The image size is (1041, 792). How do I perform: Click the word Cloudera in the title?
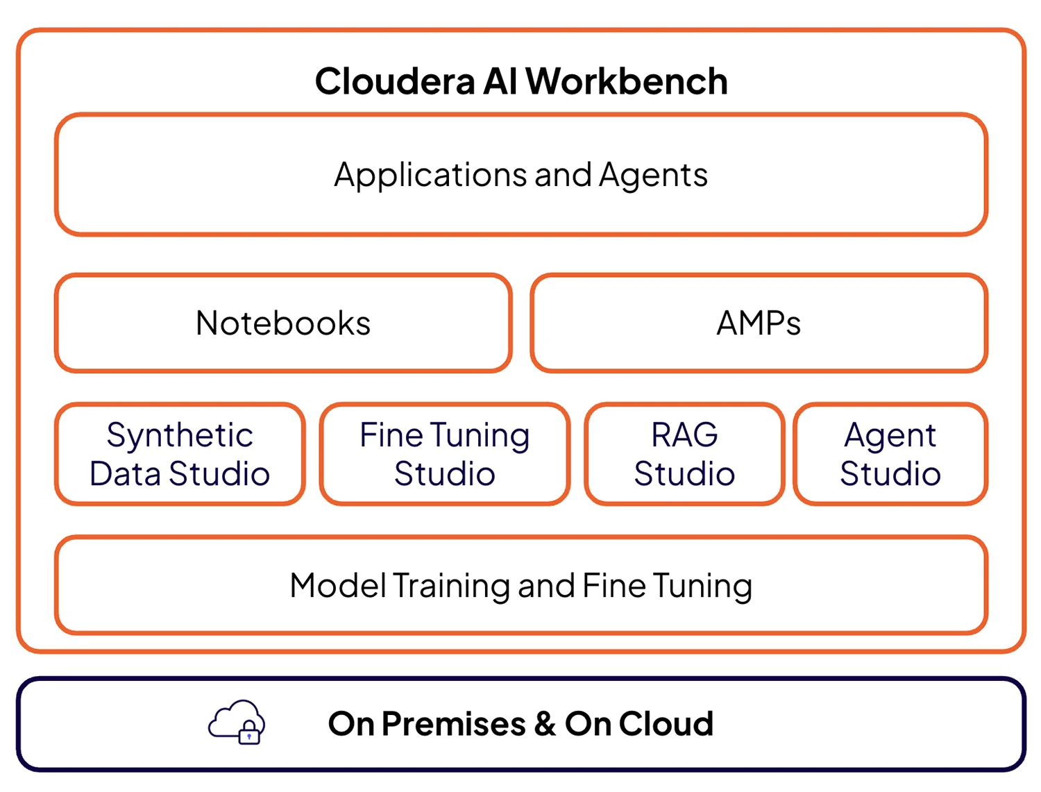pos(395,81)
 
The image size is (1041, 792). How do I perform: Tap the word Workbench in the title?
pos(627,81)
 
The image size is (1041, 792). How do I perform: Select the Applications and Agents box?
pos(520,174)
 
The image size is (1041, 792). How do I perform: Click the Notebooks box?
pos(283,323)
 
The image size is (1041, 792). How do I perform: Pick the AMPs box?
pos(759,323)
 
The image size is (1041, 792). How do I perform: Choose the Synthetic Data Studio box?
pos(180,454)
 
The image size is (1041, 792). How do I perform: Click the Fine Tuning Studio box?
pos(445,454)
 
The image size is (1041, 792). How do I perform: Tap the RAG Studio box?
pos(684,454)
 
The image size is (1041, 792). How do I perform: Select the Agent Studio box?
pos(890,454)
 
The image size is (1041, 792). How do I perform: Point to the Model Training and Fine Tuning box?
pos(520,585)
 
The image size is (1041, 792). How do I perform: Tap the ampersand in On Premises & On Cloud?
pos(545,724)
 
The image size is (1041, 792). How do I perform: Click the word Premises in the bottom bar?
pos(453,724)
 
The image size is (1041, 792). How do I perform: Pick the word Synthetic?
pos(180,436)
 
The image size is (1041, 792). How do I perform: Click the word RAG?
pos(684,435)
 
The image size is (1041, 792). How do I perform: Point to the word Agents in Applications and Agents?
pos(653,175)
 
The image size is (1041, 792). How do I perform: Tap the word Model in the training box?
pos(338,585)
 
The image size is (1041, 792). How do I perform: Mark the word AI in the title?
pos(500,81)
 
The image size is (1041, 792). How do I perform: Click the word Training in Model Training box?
pos(452,586)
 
